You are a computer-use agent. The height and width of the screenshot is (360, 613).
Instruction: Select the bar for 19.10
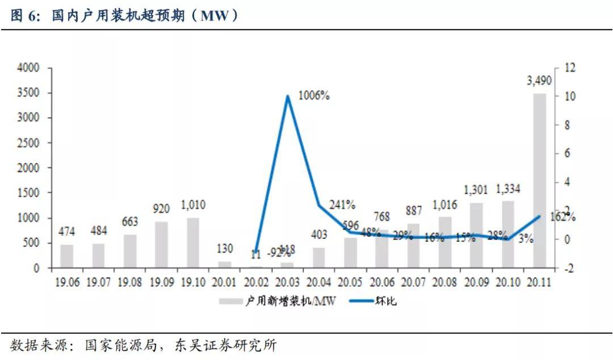click(194, 242)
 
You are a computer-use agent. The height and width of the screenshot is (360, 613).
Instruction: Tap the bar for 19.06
click(67, 256)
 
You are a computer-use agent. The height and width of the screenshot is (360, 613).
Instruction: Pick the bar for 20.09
click(476, 235)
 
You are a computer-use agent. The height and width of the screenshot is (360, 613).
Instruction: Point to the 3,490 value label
click(539, 81)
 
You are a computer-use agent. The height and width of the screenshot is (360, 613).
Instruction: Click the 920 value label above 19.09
click(162, 209)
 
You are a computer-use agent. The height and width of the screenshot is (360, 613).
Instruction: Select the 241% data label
click(343, 204)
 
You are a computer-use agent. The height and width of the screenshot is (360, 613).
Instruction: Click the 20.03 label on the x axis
click(288, 282)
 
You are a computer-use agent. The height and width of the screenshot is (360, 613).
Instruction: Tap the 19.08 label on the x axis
click(131, 282)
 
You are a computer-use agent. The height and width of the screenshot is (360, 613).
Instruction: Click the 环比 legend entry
click(385, 302)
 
